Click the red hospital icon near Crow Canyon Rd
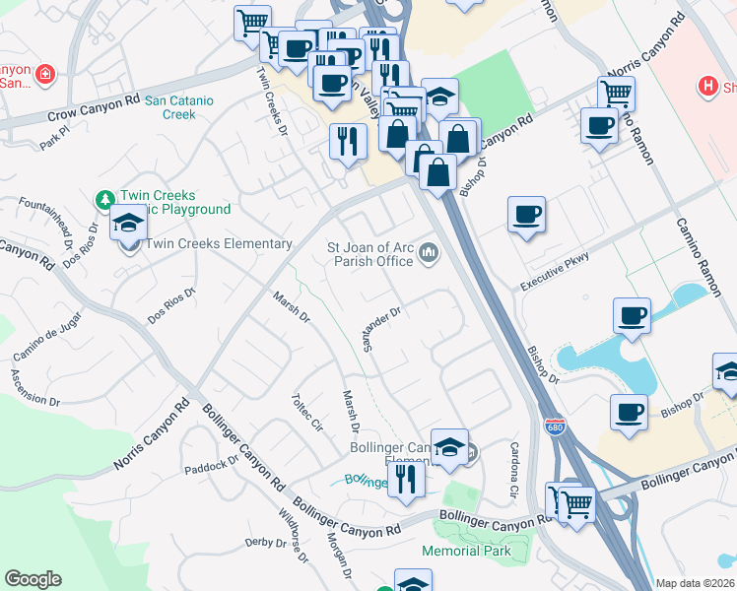tap(44, 74)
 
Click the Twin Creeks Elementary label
tap(219, 243)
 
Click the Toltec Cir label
tap(306, 413)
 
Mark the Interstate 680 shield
tap(555, 425)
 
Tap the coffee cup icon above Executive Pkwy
tap(526, 214)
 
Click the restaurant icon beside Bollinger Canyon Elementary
tap(404, 480)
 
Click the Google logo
tap(33, 579)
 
